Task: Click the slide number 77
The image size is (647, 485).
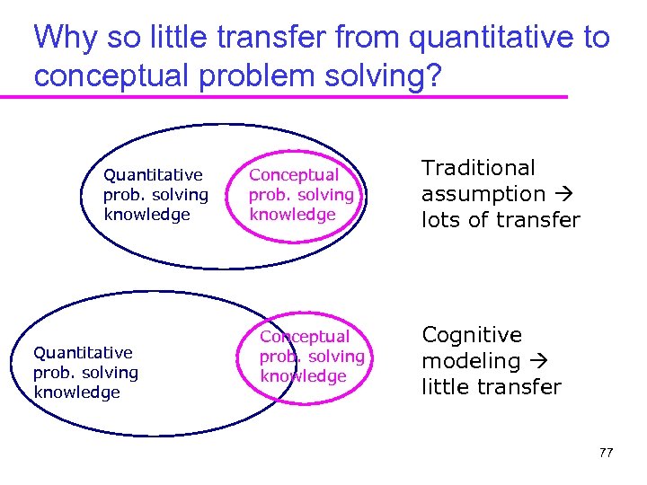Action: click(606, 453)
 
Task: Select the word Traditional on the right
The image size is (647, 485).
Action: click(478, 168)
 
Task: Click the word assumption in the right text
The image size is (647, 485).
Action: click(483, 194)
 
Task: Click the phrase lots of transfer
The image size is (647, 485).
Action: click(501, 220)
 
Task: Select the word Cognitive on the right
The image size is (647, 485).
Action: click(472, 335)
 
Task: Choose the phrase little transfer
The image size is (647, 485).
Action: click(491, 387)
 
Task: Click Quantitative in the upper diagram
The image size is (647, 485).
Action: click(153, 174)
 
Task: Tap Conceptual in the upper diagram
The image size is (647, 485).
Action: click(294, 174)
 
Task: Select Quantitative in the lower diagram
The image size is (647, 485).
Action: click(83, 353)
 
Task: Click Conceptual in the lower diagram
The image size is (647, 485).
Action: click(305, 337)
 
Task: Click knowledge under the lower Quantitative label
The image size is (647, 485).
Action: click(76, 392)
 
